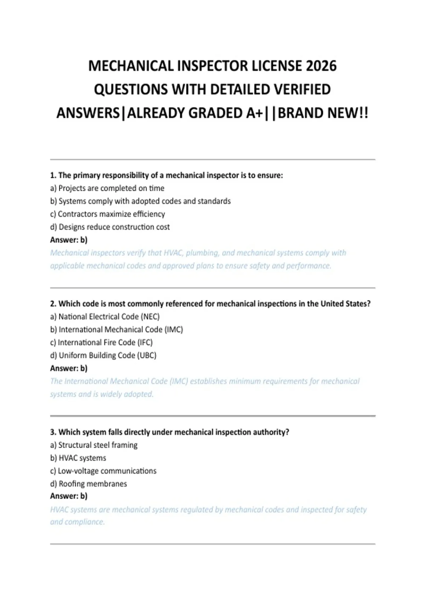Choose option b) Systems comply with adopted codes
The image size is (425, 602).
coord(140,201)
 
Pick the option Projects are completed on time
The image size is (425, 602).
coord(107,188)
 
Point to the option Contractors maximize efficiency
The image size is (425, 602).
coord(107,214)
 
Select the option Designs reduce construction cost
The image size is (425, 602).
coord(110,227)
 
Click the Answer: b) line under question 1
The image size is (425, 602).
coord(69,240)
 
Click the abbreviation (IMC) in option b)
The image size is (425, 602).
coord(174,329)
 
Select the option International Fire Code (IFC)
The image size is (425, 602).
coord(101,342)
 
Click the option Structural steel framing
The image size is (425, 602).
coord(94,445)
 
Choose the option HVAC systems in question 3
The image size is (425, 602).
coord(78,458)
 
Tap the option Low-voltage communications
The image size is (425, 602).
coord(103,471)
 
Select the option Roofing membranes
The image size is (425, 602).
coord(89,484)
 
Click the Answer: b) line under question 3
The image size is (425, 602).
coord(69,496)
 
